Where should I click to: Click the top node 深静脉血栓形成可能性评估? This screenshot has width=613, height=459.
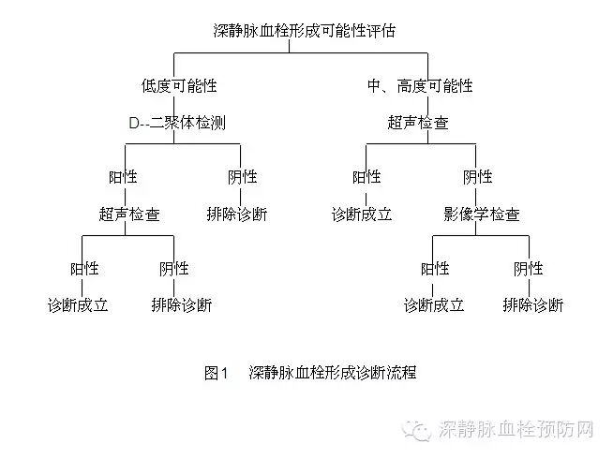coord(305,30)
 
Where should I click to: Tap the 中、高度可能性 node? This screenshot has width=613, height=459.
coord(420,85)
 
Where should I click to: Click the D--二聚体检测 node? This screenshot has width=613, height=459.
coord(176,123)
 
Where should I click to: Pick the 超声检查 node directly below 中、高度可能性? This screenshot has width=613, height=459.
coord(418,123)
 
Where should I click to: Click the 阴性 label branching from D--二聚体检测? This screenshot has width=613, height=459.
coord(241,176)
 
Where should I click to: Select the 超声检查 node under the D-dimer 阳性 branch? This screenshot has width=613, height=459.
coord(129,214)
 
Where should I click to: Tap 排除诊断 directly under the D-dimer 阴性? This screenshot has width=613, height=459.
coord(236,214)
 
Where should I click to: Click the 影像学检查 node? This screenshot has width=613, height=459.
coord(482,214)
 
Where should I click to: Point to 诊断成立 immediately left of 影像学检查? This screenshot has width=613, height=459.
coord(361,214)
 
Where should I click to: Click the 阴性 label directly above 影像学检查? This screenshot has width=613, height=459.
coord(477,176)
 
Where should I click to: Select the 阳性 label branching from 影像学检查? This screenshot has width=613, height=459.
coord(435,268)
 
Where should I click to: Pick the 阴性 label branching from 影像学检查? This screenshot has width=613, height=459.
coord(529,268)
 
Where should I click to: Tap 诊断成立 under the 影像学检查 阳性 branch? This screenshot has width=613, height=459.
coord(434,305)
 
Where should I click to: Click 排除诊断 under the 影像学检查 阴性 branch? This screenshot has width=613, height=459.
coord(532,305)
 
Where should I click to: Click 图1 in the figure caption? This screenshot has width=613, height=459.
coord(217,373)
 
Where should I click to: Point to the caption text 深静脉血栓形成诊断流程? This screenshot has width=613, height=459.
coord(333,373)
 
